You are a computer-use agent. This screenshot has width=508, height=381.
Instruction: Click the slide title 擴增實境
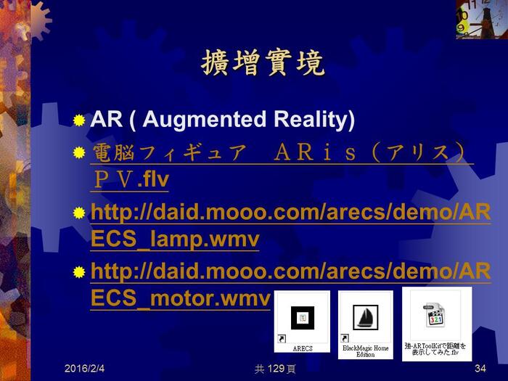coord(263,63)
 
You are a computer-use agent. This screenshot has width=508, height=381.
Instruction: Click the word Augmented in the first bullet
coord(205,119)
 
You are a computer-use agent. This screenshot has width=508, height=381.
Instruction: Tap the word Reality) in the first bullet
coord(314,119)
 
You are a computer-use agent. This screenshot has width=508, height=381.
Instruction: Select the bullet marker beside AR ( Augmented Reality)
coord(79,120)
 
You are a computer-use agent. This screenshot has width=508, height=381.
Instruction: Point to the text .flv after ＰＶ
coord(153,179)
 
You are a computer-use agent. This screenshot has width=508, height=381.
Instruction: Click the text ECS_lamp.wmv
coord(175,239)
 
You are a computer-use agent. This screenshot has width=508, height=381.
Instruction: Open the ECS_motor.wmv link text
coord(180,298)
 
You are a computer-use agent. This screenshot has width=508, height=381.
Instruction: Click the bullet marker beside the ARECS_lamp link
coord(79,213)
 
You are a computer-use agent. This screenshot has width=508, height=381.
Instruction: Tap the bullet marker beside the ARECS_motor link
coord(79,272)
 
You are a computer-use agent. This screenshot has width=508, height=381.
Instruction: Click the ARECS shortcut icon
coord(303,318)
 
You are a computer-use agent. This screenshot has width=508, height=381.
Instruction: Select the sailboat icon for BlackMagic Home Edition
coord(366,317)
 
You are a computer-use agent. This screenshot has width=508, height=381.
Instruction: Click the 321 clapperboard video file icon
coord(435,314)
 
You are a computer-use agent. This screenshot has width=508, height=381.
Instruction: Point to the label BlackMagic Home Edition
coord(366,351)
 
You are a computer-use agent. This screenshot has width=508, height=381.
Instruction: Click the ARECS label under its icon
coord(303,348)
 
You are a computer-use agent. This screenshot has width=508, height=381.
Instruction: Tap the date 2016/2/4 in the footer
coord(85,369)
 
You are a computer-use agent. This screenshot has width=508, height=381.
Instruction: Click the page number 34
coord(480,369)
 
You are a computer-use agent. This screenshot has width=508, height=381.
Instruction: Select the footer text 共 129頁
coord(275,369)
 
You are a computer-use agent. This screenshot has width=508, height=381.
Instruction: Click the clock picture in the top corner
coord(482,20)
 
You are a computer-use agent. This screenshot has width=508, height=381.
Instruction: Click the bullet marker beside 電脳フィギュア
coord(79,152)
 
